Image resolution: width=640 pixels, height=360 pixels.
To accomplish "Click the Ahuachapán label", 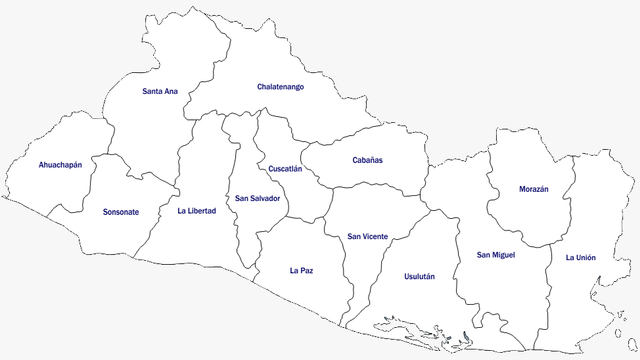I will [60, 165].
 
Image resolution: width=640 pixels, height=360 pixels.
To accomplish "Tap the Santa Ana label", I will [160, 91].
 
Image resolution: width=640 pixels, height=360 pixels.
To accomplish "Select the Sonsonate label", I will [121, 212].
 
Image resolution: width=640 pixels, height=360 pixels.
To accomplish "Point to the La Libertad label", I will [196, 211].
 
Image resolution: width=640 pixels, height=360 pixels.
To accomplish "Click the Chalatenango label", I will [281, 87].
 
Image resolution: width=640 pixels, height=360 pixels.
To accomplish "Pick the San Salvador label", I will [258, 198].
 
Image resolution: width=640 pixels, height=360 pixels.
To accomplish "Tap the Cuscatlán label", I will [285, 169].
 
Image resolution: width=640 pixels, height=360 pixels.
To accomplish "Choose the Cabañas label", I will [367, 160].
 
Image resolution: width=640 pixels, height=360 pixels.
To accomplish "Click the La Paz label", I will [302, 270].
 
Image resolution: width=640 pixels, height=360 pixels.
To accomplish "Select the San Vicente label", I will [367, 236].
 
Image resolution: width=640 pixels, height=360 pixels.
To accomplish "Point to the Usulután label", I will [419, 277].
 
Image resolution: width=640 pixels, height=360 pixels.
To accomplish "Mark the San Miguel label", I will [496, 255].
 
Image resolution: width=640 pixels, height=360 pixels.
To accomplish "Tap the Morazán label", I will [534, 189].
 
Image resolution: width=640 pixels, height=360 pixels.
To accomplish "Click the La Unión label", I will [581, 258].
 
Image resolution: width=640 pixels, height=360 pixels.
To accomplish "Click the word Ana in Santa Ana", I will [170, 91].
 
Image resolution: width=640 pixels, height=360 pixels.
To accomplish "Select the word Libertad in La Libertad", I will [202, 211].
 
